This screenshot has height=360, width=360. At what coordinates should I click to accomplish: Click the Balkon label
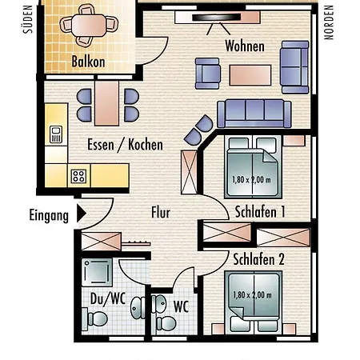point(88,62)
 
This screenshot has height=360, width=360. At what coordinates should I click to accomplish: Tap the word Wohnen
point(245,46)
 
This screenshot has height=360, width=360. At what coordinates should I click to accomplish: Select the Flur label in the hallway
point(161,213)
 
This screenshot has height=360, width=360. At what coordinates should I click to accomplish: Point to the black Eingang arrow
point(82,213)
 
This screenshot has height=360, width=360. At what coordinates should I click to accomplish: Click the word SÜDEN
point(28,19)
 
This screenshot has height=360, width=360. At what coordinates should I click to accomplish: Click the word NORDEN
point(329,22)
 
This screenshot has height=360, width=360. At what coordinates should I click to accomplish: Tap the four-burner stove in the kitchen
point(78,176)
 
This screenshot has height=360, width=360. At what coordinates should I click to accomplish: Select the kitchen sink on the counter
point(56,134)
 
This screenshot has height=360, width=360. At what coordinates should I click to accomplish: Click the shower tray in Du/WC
point(97,272)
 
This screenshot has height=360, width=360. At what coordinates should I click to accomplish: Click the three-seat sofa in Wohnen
point(254,114)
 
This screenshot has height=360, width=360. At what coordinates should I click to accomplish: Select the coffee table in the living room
point(250,75)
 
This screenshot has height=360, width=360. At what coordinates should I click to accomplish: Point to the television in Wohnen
point(216,18)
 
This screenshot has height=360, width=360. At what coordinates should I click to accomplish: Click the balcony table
point(89,26)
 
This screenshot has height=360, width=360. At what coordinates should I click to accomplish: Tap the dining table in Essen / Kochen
point(106,103)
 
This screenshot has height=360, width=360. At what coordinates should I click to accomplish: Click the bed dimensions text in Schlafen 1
point(252,180)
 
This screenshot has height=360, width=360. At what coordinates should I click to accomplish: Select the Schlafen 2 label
point(258,259)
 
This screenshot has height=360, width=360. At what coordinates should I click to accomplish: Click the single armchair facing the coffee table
point(208,74)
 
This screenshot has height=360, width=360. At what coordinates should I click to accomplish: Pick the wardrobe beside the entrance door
point(102,242)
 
